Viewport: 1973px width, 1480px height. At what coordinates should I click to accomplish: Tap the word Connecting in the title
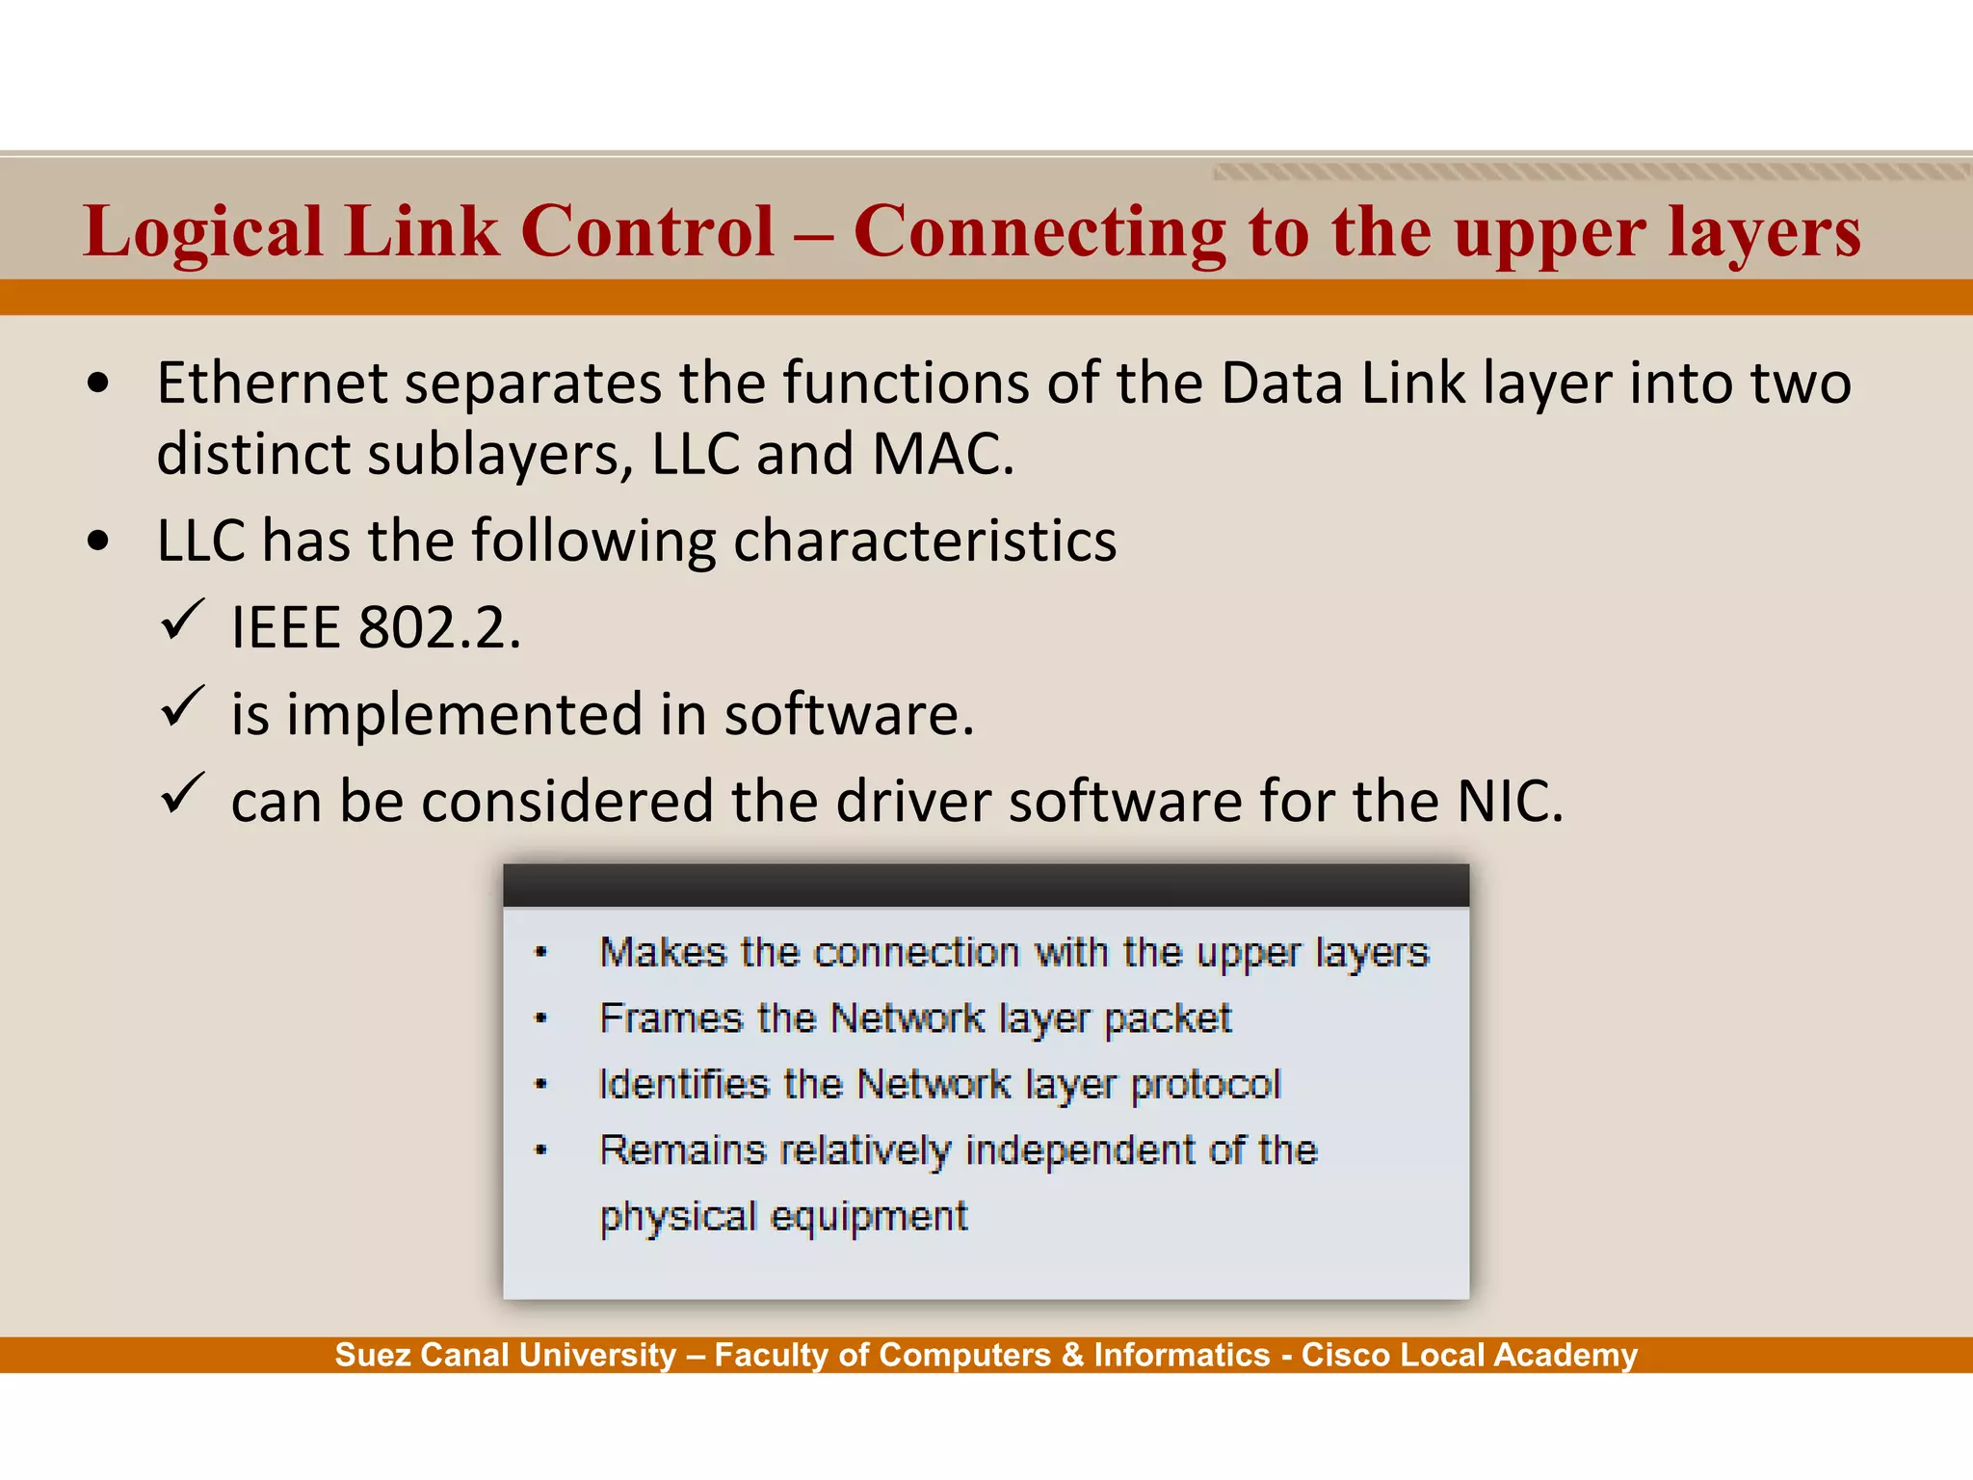click(x=1039, y=233)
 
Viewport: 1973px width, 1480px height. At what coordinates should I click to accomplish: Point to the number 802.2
click(x=439, y=628)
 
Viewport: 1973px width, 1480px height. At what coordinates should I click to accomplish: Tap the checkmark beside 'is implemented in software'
click(x=181, y=706)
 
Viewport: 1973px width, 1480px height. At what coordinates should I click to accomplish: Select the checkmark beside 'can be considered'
click(x=181, y=793)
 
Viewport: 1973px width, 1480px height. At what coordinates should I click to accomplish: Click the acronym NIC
click(x=1509, y=801)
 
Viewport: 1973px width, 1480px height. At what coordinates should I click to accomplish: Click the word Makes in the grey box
click(x=662, y=952)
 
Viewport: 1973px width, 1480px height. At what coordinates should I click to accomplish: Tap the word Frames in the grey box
click(x=671, y=1018)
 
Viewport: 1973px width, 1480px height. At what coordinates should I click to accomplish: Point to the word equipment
click(x=870, y=1217)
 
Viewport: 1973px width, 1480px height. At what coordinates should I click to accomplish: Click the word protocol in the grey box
click(x=1205, y=1085)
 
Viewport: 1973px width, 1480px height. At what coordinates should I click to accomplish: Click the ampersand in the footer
click(x=1072, y=1355)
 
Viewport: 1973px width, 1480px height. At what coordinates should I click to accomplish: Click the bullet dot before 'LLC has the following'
click(x=97, y=541)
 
